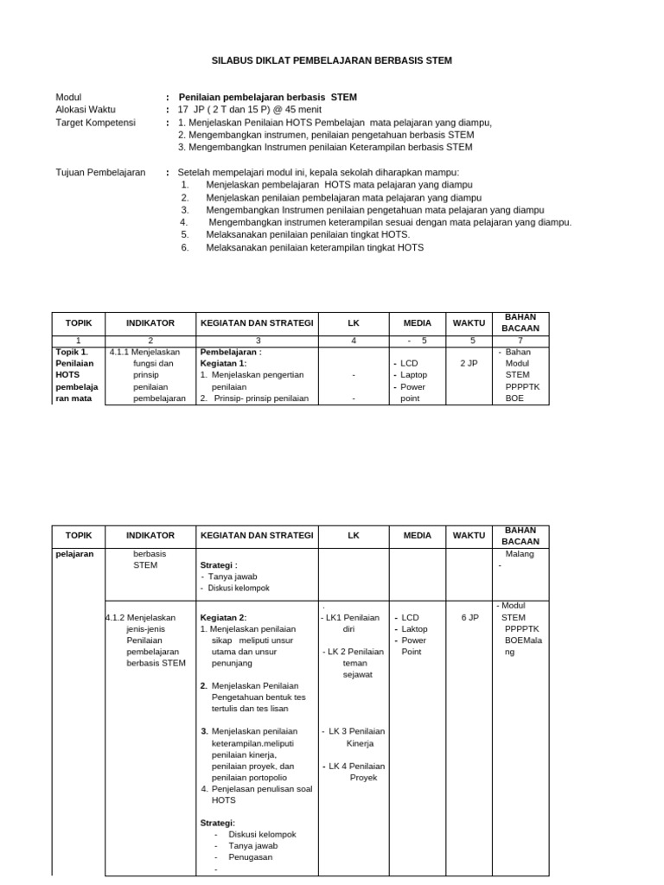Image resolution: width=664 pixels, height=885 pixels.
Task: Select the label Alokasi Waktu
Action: tap(85, 110)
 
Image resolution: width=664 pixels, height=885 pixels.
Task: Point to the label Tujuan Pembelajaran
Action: tap(100, 173)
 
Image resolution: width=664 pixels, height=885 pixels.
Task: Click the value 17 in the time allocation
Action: tap(182, 110)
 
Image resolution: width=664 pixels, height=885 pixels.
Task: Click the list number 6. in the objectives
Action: tap(185, 247)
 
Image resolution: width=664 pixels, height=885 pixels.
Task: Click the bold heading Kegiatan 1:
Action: tap(223, 364)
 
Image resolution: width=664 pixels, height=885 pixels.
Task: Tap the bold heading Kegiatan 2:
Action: tap(223, 618)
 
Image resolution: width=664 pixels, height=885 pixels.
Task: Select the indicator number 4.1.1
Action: tap(119, 353)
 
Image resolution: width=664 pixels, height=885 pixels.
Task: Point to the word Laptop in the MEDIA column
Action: tap(415, 376)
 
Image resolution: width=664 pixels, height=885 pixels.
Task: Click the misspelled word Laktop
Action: tap(415, 629)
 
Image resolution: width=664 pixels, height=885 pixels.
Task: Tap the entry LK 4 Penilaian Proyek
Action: tap(355, 772)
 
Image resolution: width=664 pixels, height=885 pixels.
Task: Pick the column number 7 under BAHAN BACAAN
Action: tap(520, 341)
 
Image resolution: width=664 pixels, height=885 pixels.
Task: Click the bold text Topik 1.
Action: tap(72, 353)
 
